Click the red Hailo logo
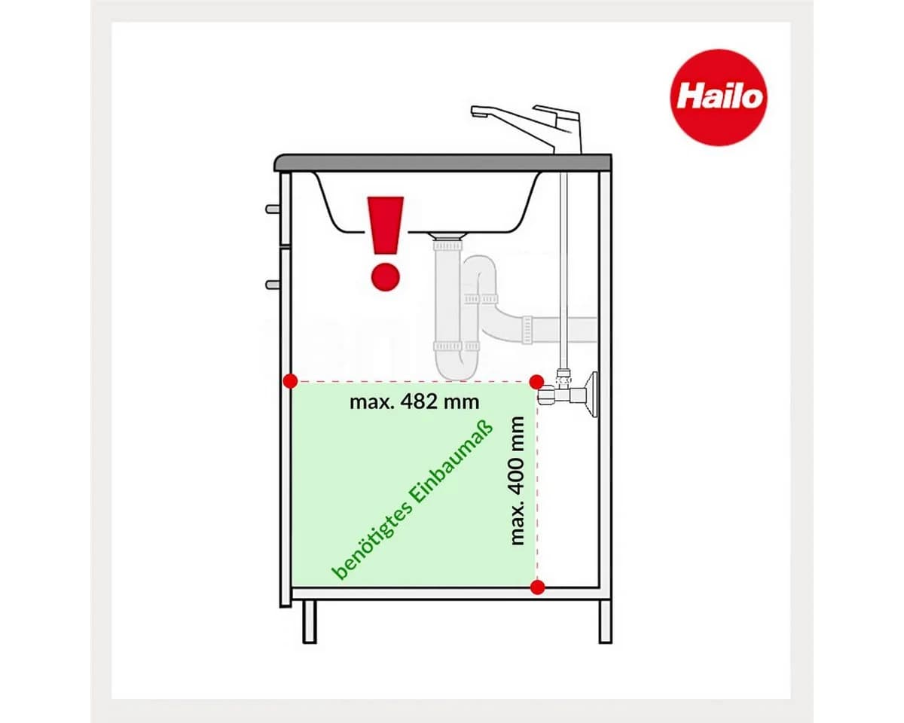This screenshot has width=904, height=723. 718,97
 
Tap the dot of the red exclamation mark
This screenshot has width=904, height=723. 385,276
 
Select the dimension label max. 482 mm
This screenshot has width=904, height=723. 414,402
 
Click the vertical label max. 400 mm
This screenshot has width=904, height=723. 517,481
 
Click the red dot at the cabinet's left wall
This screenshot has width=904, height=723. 290,381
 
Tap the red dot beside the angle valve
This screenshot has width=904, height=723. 536,382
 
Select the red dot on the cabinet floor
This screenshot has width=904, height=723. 538,587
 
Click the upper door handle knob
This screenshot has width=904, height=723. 272,209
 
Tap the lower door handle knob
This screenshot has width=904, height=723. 272,285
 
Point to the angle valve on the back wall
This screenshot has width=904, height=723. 567,394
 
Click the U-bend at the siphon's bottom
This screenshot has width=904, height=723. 457,366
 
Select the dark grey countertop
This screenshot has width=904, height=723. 443,163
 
